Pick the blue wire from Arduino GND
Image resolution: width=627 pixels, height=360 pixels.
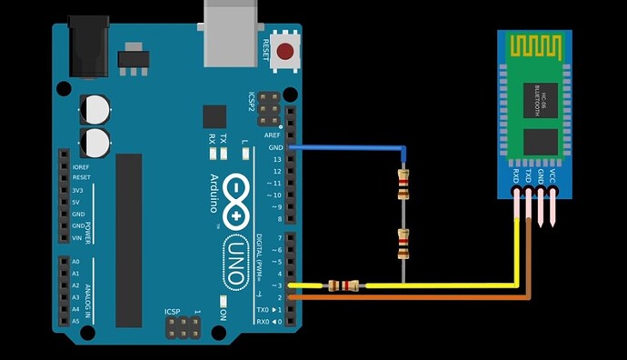tap(354, 146)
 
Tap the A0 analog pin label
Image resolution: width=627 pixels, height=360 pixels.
tap(75, 262)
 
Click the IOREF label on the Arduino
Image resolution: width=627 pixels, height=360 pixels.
tap(81, 166)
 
